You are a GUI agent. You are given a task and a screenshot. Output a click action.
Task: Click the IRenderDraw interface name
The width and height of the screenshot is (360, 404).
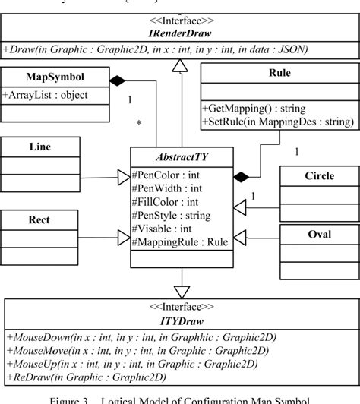(x=179, y=34)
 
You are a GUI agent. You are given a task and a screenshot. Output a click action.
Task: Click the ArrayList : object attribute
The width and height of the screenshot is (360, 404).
(x=46, y=95)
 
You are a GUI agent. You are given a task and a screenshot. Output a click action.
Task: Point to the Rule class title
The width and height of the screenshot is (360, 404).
(x=279, y=73)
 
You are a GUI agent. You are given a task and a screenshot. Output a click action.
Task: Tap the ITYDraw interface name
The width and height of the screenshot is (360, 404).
(x=179, y=320)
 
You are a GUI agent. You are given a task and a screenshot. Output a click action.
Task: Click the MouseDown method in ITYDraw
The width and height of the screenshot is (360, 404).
(x=141, y=337)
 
